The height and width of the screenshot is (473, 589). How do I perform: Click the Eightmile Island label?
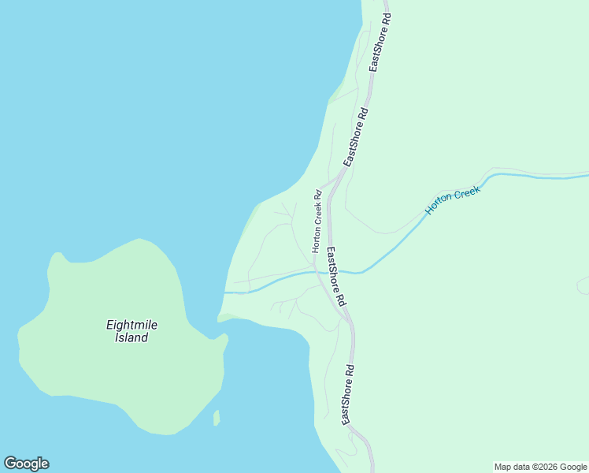tap(127, 330)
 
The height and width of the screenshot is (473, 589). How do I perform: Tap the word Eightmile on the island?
tap(128, 324)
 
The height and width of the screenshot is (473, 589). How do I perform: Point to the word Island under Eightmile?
tap(127, 337)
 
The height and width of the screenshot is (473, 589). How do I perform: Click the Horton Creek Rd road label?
tap(317, 221)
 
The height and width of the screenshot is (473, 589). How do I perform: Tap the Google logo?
tap(26, 464)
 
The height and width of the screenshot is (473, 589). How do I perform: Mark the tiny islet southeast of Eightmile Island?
tap(216, 418)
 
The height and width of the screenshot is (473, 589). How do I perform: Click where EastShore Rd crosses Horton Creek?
tap(333, 272)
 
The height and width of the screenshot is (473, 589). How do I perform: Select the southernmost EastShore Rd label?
tap(348, 394)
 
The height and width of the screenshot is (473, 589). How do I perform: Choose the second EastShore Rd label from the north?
tap(356, 137)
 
